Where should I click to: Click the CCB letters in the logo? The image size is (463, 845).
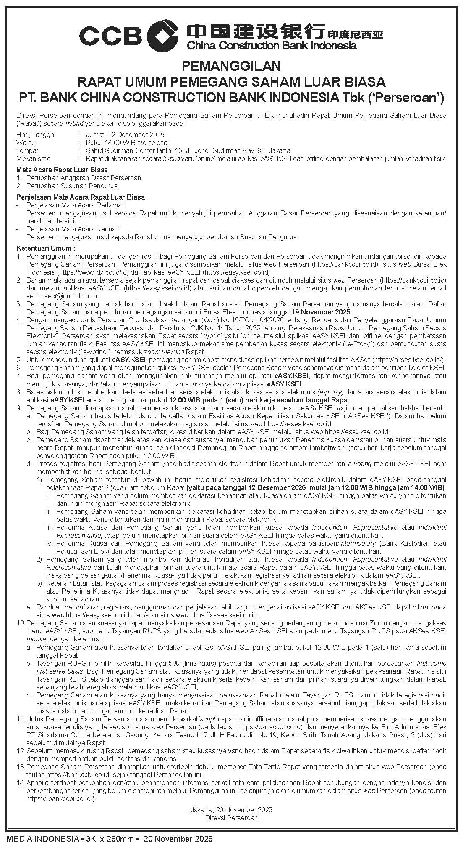(110, 35)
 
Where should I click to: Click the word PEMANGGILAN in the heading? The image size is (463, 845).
(231, 66)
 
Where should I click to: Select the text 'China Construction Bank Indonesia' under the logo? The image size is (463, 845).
(272, 45)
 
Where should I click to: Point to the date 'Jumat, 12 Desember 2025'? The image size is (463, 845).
(125, 135)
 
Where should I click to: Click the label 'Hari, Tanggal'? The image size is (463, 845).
(36, 135)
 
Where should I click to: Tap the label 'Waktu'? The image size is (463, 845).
(26, 143)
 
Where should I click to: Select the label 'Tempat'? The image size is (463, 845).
(27, 150)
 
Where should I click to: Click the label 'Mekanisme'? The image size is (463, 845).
(33, 158)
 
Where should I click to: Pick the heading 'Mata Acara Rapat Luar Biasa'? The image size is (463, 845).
(62, 170)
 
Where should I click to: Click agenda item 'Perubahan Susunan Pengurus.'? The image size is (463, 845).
(73, 186)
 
